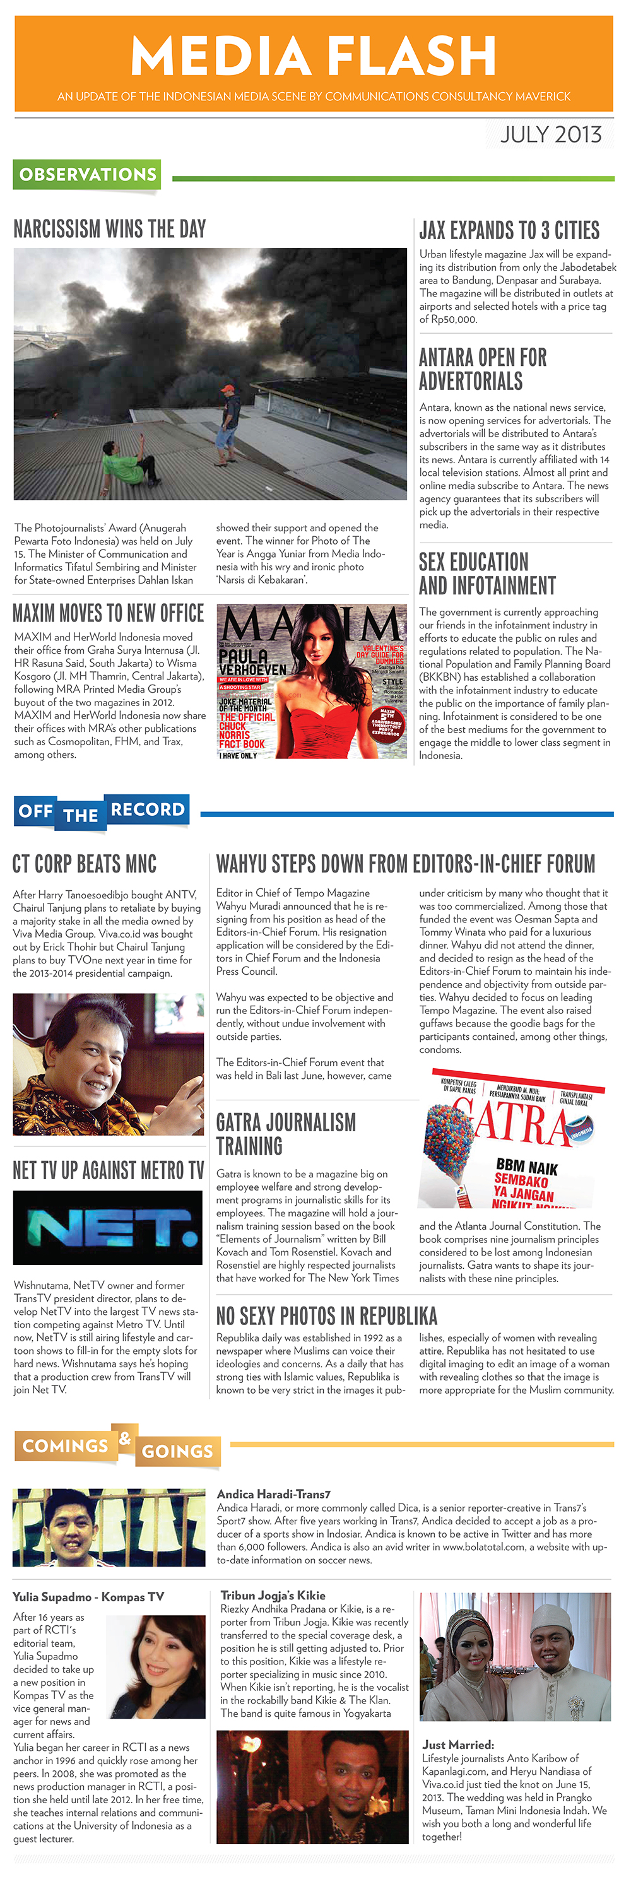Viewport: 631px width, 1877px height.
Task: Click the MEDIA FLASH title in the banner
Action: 314,56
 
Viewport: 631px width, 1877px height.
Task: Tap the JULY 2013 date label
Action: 550,135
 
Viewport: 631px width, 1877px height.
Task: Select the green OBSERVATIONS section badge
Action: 88,175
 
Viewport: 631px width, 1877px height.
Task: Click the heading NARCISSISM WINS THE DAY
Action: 110,229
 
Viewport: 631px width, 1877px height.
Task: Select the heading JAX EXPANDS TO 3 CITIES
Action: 509,230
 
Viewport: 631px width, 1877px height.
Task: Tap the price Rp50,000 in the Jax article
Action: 447,319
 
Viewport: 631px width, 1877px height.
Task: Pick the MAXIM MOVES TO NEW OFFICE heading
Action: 108,613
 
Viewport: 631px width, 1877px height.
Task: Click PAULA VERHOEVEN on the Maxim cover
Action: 251,662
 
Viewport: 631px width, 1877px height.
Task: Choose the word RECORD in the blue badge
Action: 147,809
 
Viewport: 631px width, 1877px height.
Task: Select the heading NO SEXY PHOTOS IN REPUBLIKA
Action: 326,1315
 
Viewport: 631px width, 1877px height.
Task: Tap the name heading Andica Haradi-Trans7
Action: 273,1495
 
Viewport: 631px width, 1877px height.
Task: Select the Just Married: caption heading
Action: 457,1745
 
